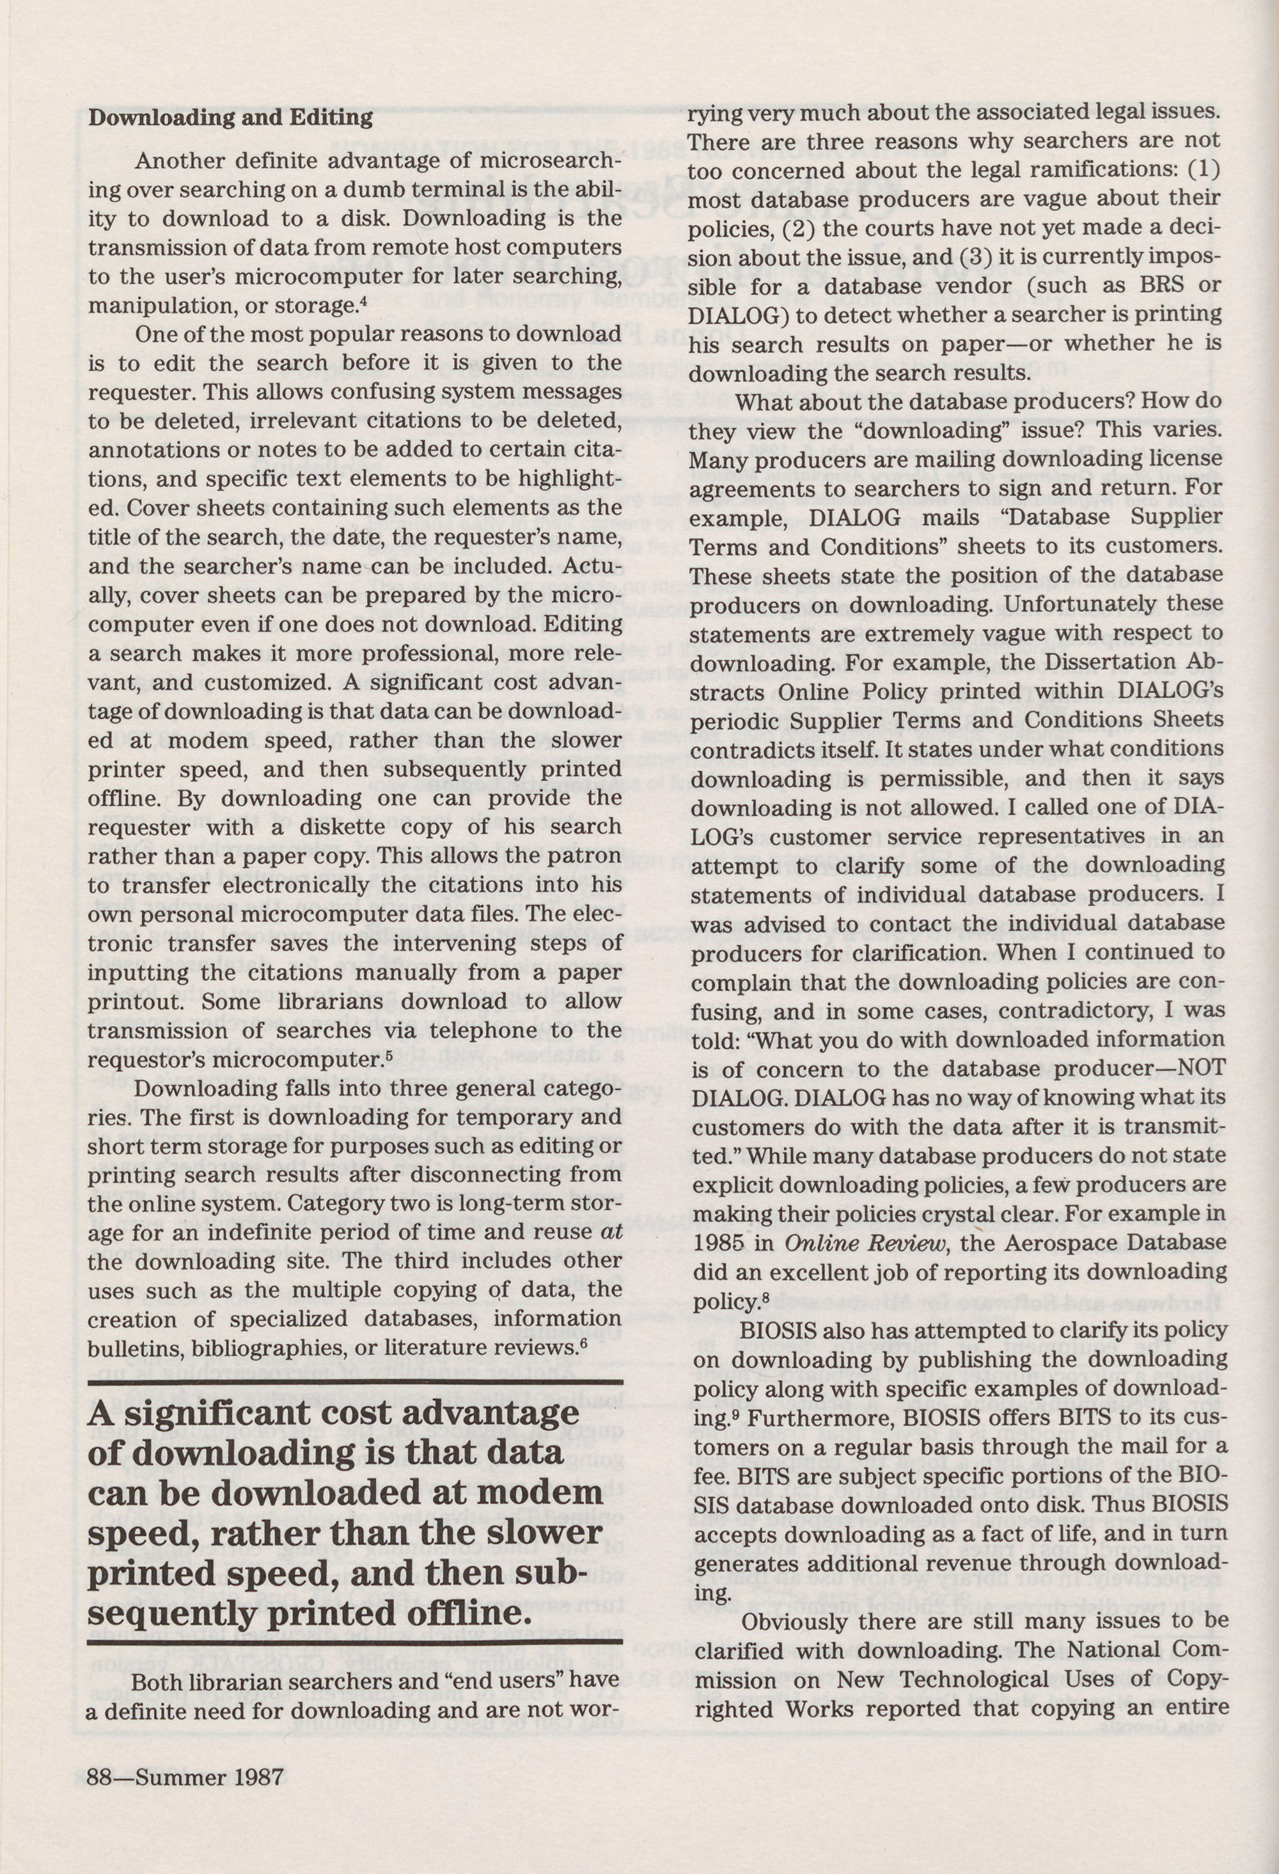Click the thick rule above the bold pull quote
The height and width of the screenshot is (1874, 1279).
click(354, 1384)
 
